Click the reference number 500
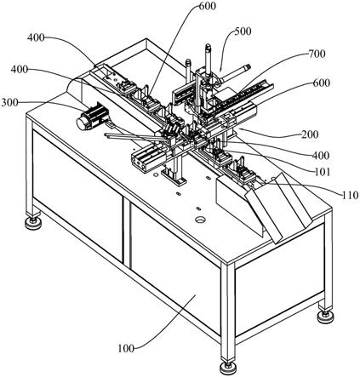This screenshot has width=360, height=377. [x=243, y=31]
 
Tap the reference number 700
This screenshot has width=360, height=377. [x=317, y=54]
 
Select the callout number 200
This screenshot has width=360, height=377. [x=310, y=134]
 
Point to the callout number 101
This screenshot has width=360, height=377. [x=322, y=172]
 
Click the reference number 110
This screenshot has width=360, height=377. [x=350, y=195]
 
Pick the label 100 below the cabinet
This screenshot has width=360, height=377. [x=126, y=348]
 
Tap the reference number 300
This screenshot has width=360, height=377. [x=9, y=102]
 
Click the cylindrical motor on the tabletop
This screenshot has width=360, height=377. [x=93, y=117]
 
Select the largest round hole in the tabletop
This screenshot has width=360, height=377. [x=201, y=220]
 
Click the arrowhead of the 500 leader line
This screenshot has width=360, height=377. [x=220, y=71]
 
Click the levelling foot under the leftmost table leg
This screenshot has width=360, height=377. [x=33, y=222]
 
